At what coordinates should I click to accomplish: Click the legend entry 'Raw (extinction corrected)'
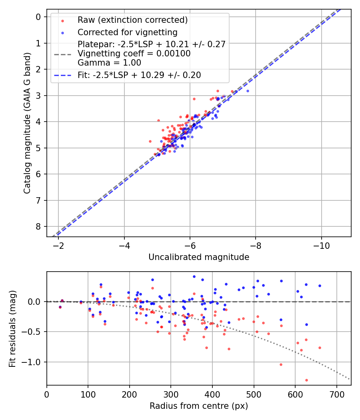coord(132,20)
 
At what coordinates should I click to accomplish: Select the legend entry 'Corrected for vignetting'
coord(127,32)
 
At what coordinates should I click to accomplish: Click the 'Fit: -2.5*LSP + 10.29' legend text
coord(139,75)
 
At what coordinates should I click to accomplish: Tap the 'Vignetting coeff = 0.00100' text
coord(134,53)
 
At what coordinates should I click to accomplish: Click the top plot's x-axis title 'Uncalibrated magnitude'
coord(199,257)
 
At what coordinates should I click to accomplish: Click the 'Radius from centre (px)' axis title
coord(199,406)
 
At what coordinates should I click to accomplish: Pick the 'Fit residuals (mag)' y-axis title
coord(12,328)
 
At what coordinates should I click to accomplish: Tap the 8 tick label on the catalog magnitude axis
coord(38,226)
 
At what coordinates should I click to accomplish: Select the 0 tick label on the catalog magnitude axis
coord(38,17)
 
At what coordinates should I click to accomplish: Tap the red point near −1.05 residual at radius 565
coord(281,364)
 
